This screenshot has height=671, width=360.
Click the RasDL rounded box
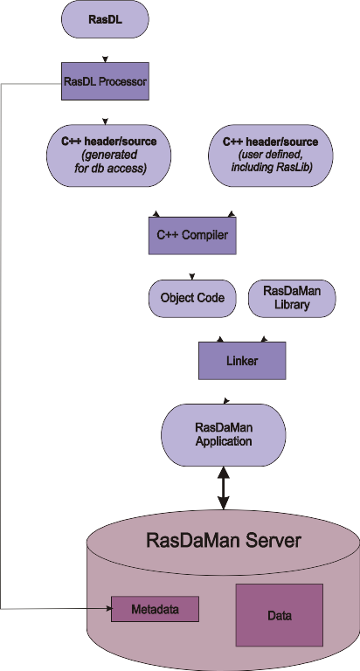[106, 19]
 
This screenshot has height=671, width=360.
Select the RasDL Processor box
[106, 81]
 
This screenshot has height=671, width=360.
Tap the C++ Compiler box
[192, 236]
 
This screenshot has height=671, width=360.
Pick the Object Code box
[192, 298]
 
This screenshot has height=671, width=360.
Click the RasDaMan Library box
[292, 298]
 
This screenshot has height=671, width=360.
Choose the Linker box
[242, 360]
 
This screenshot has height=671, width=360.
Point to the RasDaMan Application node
[223, 435]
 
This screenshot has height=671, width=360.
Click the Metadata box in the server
[155, 609]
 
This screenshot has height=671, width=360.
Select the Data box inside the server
[279, 615]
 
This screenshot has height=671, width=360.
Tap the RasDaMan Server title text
[224, 540]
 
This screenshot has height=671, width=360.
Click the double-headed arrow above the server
[224, 488]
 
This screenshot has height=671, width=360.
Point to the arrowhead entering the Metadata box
[108, 608]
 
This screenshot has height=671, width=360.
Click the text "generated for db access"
[108, 161]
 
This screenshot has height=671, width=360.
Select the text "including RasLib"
[272, 168]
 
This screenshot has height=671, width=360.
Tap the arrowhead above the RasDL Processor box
[106, 59]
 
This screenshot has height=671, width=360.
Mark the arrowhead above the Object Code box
[192, 276]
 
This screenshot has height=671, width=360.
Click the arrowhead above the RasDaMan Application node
[226, 400]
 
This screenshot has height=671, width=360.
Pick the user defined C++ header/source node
[271, 156]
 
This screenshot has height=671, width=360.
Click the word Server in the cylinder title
[273, 540]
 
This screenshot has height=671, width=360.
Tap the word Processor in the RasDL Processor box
[123, 81]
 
